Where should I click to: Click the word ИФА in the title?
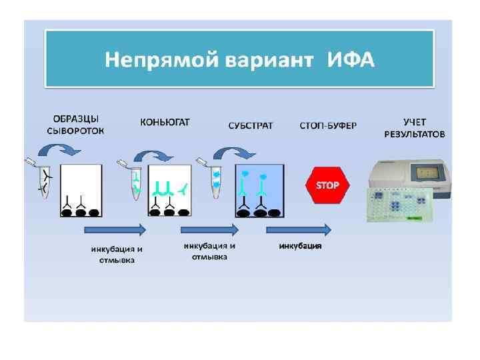pyautogui.click(x=351, y=61)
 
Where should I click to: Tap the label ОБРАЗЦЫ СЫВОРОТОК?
pyautogui.click(x=75, y=126)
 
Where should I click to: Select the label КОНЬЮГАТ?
pyautogui.click(x=165, y=122)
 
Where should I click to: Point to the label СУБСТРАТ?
pyautogui.click(x=251, y=126)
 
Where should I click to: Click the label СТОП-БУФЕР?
pyautogui.click(x=328, y=126)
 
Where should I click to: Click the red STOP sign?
pyautogui.click(x=327, y=185)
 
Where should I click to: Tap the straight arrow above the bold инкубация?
pyautogui.click(x=299, y=229)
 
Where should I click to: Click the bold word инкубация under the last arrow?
pyautogui.click(x=300, y=246)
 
